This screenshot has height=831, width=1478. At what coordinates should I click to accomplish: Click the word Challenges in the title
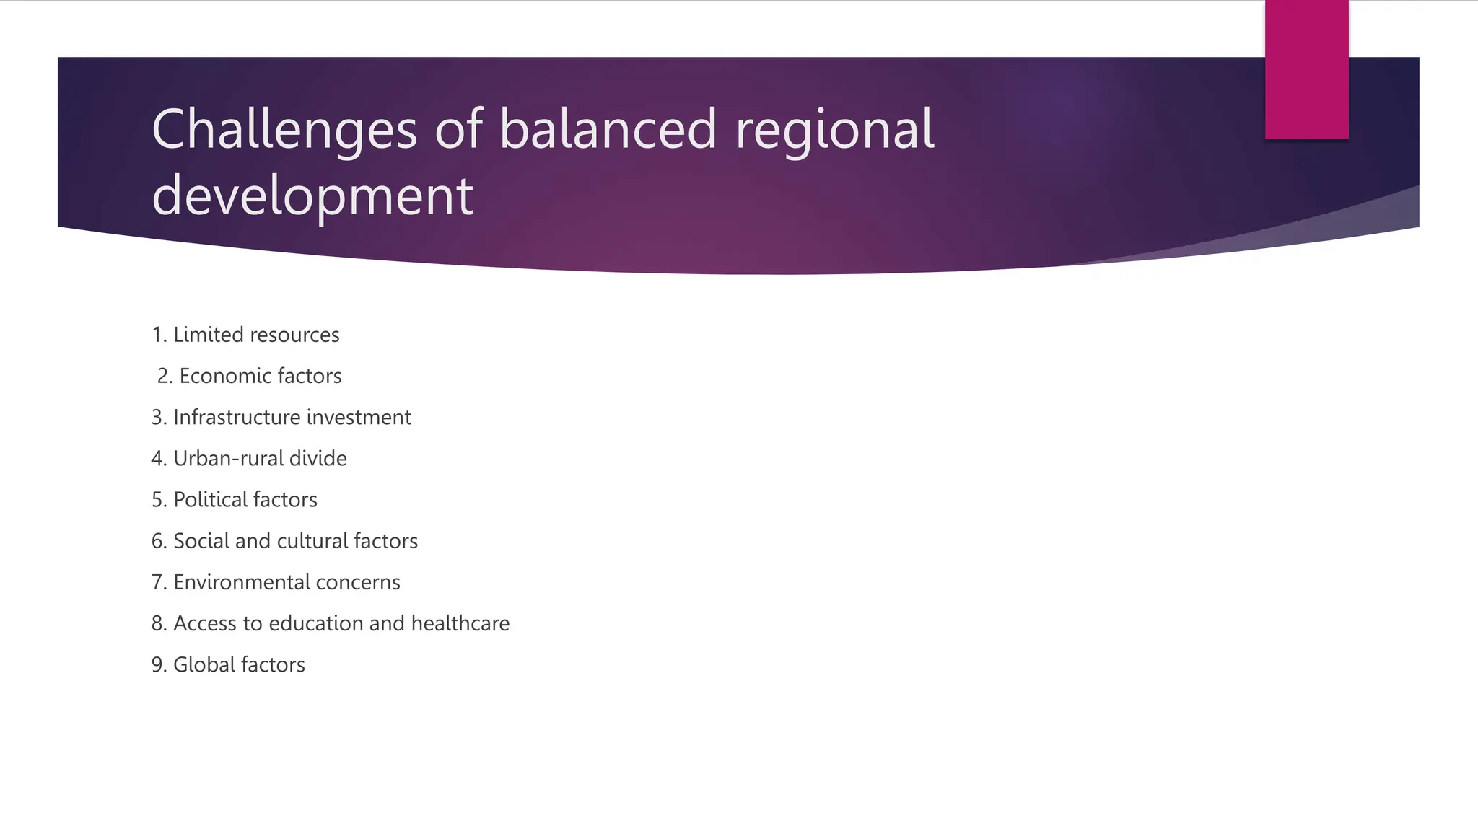coord(284,130)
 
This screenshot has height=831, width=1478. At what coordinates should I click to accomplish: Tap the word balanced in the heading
coord(608,130)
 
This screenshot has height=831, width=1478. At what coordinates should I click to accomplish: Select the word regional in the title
coord(834,130)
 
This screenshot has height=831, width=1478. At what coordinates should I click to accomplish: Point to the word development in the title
coord(312,196)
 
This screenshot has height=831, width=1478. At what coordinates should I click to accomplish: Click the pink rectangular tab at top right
coord(1306,69)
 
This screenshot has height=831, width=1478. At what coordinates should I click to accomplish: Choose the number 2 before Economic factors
coord(164,376)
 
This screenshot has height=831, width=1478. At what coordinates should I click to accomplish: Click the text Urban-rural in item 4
coord(229,458)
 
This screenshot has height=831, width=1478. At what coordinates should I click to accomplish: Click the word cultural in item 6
coord(312,541)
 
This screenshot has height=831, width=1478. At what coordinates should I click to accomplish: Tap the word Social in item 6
coord(201,541)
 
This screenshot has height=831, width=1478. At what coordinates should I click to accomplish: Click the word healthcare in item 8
coord(460,623)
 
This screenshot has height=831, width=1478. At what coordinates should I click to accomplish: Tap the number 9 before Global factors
coord(157,664)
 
